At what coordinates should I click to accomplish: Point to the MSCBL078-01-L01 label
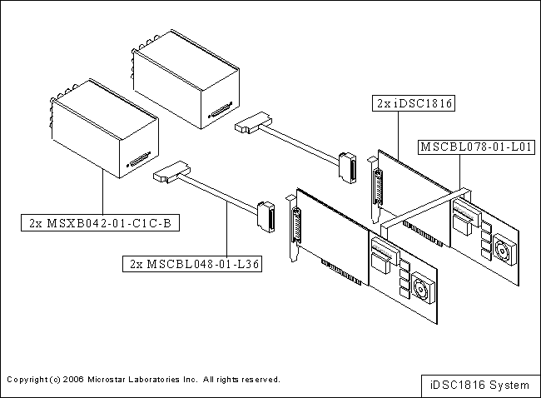coord(476,147)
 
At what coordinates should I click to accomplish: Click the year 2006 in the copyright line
coord(73,379)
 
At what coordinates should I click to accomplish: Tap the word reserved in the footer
coord(259,379)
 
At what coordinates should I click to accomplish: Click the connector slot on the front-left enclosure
coord(139,162)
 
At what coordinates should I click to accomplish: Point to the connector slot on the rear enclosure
coord(221,113)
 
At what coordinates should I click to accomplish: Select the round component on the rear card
coord(504,249)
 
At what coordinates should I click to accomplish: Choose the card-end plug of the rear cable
coord(347,167)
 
